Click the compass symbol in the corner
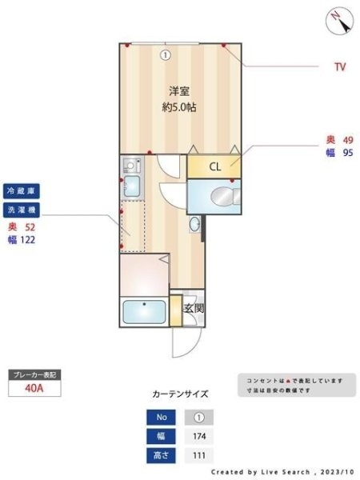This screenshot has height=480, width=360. [x=339, y=19]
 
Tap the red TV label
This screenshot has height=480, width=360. [x=340, y=67]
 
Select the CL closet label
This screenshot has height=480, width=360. [x=215, y=167]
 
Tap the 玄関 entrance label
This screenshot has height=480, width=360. [x=194, y=308]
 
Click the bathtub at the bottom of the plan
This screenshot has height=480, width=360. [x=145, y=312]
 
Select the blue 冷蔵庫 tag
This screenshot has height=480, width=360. [x=22, y=192]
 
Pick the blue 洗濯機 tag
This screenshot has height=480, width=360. [x=22, y=210]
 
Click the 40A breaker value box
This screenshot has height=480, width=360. [x=34, y=390]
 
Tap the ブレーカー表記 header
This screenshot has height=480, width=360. [x=34, y=374]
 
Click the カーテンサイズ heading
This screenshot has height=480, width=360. [x=180, y=394]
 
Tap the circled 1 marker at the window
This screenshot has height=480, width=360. [x=165, y=55]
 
